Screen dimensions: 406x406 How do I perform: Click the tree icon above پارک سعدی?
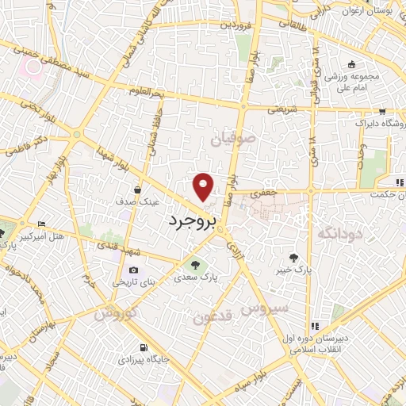point(192,264)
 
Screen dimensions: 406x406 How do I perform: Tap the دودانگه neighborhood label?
point(339,232)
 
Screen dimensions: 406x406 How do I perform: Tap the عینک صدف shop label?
point(137,201)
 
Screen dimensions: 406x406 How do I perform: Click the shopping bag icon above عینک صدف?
point(138,190)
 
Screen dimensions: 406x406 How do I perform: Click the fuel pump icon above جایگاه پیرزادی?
point(143,348)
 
